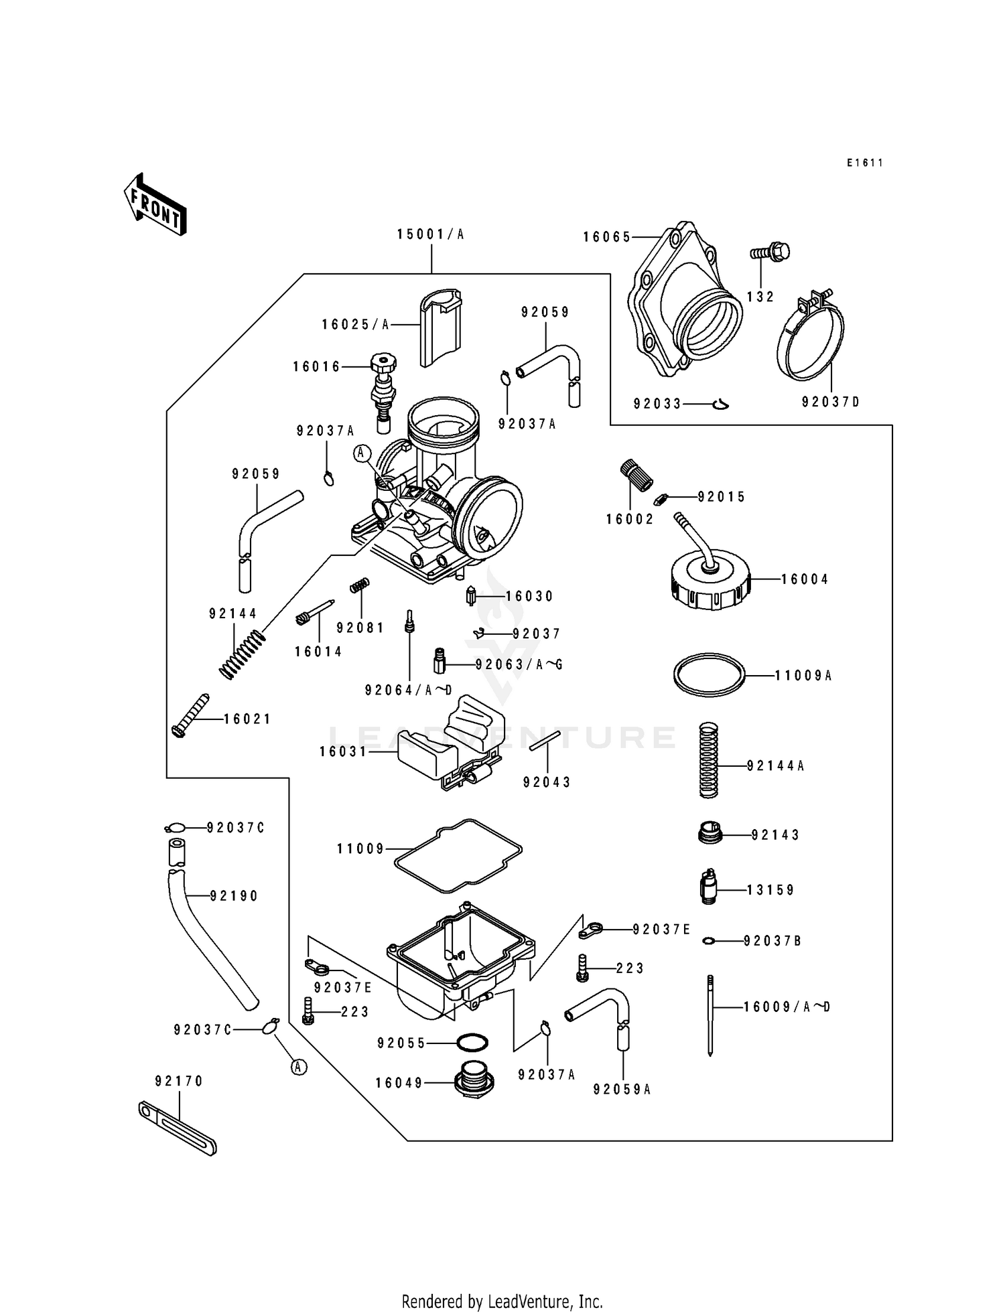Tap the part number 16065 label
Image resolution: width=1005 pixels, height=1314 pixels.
click(x=606, y=237)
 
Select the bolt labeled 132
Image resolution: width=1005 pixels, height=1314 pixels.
click(x=770, y=252)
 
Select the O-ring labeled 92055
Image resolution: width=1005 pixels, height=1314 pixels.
click(x=472, y=1043)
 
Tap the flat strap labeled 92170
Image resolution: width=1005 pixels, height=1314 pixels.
click(x=177, y=1128)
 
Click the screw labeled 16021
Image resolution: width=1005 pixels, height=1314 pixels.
click(x=190, y=715)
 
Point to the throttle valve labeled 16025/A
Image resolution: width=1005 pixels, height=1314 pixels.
click(x=440, y=326)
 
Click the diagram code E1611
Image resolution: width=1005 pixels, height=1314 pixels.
click(x=864, y=163)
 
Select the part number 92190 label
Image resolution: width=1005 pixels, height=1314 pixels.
click(x=234, y=896)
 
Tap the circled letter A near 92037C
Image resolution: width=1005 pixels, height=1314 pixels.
click(x=299, y=1068)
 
